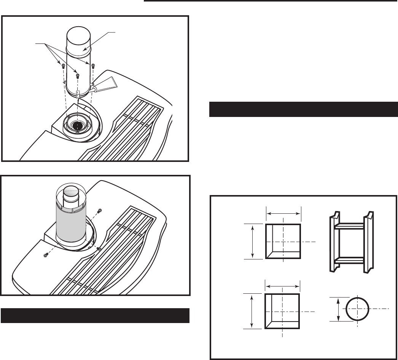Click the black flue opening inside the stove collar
click(x=78, y=125)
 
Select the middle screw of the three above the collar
click(x=77, y=75)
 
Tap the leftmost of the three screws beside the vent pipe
click(x=63, y=67)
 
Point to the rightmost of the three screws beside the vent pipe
click(x=92, y=66)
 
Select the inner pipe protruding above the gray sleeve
click(x=71, y=194)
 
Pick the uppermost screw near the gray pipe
click(x=100, y=211)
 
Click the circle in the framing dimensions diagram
click(x=357, y=309)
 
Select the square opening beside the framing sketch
click(x=283, y=242)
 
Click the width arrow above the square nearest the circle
click(x=282, y=285)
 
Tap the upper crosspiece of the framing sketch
click(x=349, y=226)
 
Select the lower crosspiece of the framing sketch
click(x=349, y=261)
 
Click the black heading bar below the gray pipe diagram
click(x=95, y=315)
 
